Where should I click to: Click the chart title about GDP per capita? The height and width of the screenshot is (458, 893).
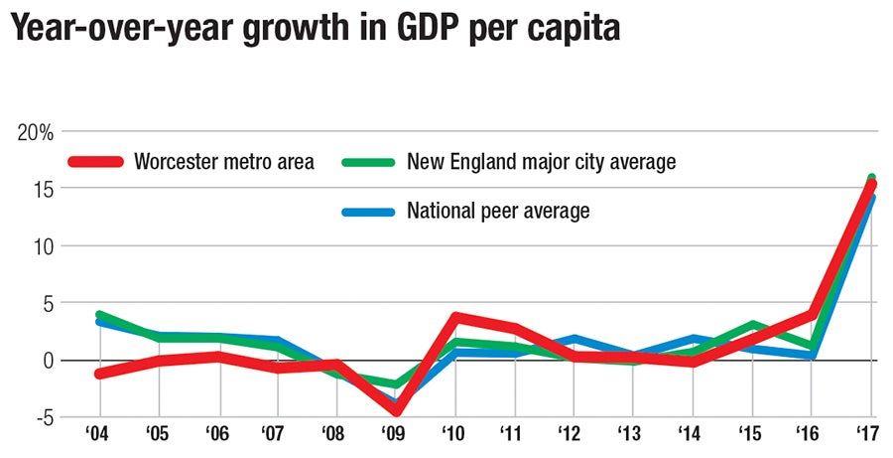(x=316, y=30)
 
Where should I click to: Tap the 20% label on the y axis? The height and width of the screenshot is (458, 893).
(x=38, y=132)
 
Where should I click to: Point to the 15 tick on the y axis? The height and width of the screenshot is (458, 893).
(x=42, y=189)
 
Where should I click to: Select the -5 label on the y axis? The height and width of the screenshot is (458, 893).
(x=42, y=417)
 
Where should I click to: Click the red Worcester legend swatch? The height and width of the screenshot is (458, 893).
(x=95, y=162)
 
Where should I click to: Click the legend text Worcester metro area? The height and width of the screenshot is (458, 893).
(x=223, y=162)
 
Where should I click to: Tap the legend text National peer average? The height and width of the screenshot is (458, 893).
(x=498, y=211)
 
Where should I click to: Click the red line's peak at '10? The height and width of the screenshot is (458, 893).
(x=455, y=317)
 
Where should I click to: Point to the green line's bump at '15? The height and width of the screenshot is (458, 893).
(x=752, y=325)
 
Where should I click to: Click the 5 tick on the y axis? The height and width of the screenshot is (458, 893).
(x=46, y=303)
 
